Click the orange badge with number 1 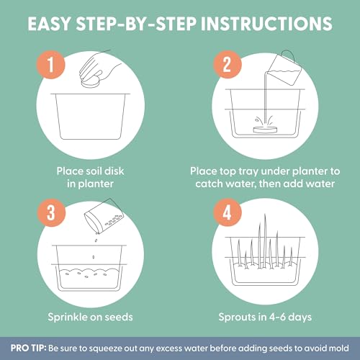50,65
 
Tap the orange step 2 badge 228,65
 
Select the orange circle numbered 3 51,213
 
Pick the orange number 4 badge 228,213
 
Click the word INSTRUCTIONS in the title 266,24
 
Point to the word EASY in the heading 49,24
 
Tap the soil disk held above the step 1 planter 90,82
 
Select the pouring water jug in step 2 285,68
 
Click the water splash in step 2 264,120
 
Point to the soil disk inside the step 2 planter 265,129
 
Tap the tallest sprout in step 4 265,240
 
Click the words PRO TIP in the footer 28,348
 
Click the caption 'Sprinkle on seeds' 90,317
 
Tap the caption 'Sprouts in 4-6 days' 265,317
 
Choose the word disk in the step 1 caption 114,171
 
